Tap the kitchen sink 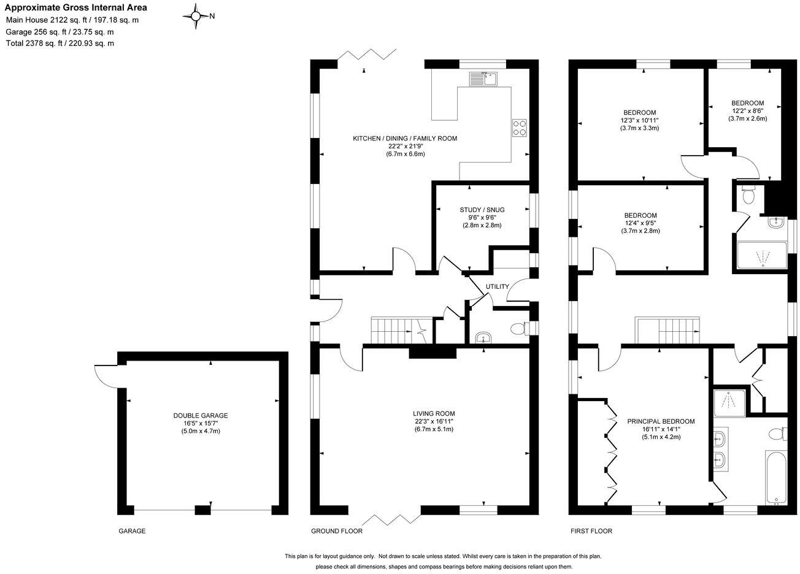[x=485, y=78]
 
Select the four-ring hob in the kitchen [x=519, y=126]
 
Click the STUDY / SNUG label [x=482, y=210]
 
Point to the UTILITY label [x=497, y=286]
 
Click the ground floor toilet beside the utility [x=518, y=329]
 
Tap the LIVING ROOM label [x=434, y=413]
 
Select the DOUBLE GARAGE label [x=200, y=415]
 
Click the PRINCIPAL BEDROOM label [x=661, y=421]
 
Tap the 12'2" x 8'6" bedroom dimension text [x=747, y=111]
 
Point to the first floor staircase [x=667, y=331]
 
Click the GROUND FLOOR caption [x=336, y=531]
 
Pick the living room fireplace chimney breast [x=433, y=352]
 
